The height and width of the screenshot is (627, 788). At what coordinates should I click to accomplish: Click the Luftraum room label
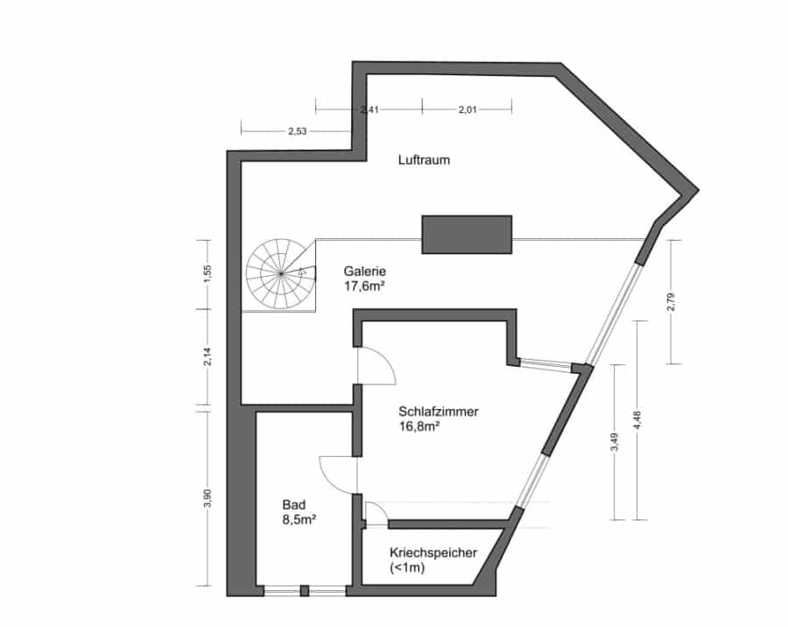(x=424, y=160)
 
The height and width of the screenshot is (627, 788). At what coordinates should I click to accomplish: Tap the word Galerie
(x=365, y=271)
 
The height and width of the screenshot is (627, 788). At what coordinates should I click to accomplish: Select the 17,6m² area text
(x=364, y=286)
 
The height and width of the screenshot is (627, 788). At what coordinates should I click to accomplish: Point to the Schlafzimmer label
(x=439, y=412)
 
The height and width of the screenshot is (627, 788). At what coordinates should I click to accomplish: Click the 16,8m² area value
(x=419, y=426)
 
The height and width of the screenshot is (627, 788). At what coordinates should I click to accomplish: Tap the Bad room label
(x=294, y=504)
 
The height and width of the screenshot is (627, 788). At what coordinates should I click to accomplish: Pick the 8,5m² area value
(x=299, y=520)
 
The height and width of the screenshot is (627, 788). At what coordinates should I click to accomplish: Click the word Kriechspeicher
(x=433, y=553)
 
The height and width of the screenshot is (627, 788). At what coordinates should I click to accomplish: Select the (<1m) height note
(x=407, y=568)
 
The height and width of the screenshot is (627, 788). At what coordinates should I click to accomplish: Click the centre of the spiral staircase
(x=281, y=273)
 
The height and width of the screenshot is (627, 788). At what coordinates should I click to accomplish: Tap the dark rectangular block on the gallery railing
(x=467, y=235)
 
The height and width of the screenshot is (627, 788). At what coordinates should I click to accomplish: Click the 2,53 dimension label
(x=297, y=131)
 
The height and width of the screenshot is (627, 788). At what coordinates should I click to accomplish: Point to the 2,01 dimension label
(x=468, y=109)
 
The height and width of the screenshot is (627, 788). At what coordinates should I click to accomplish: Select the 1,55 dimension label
(x=208, y=275)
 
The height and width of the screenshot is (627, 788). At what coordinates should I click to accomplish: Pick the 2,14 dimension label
(x=208, y=356)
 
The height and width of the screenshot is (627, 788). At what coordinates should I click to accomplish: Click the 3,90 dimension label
(x=208, y=498)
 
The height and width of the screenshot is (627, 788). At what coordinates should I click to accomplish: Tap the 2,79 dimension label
(x=672, y=302)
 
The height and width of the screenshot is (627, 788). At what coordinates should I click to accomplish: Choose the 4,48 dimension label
(x=637, y=420)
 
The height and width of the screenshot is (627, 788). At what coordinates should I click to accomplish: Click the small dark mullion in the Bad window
(x=304, y=591)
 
